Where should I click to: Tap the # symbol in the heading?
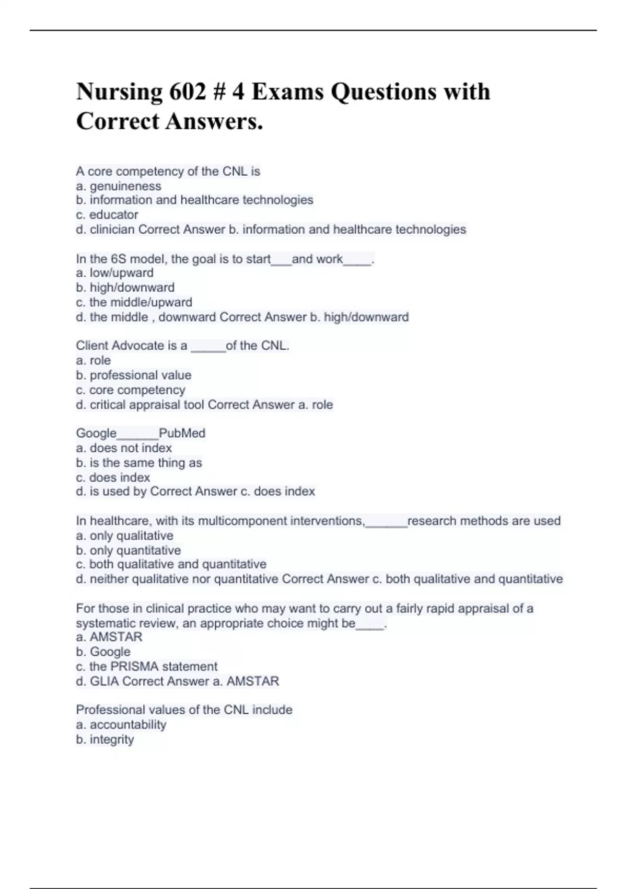click(x=219, y=92)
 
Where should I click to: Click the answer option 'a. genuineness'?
click(x=119, y=186)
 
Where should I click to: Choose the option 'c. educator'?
click(x=107, y=214)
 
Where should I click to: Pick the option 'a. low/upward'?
click(x=115, y=273)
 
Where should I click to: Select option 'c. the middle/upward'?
click(x=134, y=302)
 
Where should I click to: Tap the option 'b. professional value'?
click(x=134, y=375)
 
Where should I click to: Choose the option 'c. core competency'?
click(x=131, y=390)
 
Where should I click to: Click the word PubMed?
click(x=182, y=433)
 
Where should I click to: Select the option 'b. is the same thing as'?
click(x=139, y=463)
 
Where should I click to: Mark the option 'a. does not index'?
click(x=124, y=448)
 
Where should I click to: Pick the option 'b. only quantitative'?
click(x=129, y=550)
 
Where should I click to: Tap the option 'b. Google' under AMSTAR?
click(x=103, y=652)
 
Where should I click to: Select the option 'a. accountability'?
click(x=121, y=725)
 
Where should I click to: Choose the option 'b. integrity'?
click(x=105, y=739)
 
